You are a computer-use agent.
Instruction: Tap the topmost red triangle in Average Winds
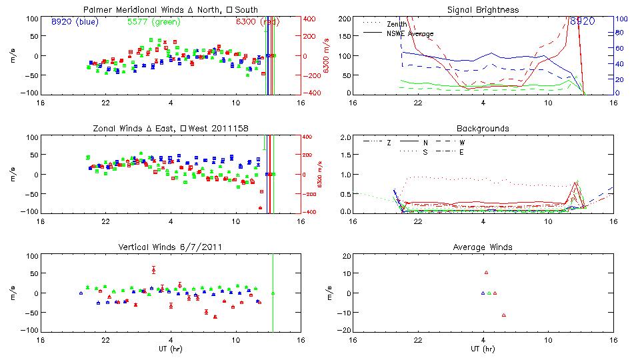[486, 272]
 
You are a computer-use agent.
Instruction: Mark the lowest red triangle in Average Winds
[503, 315]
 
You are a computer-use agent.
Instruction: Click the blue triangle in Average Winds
[483, 293]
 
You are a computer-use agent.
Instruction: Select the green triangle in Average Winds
[489, 293]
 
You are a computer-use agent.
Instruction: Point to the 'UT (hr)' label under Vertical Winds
[171, 349]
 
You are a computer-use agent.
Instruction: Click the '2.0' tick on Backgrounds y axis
[345, 137]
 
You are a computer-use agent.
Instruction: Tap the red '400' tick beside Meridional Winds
[310, 19]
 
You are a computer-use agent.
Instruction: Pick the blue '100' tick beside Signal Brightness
[619, 19]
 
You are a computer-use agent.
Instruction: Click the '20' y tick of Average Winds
[345, 256]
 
